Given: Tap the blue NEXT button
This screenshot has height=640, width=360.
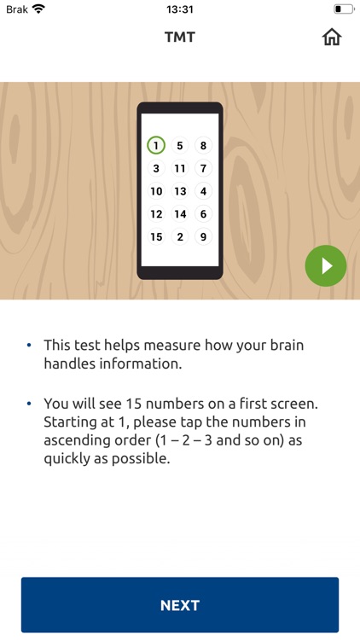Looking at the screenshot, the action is pos(180,605).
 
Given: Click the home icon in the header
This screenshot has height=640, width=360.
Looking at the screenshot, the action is pos(332,38).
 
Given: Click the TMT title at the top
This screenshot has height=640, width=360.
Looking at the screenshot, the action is pos(180,38).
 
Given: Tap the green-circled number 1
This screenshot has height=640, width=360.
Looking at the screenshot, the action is pos(156,145).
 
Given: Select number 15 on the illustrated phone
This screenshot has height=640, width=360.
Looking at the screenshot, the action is pos(156,236).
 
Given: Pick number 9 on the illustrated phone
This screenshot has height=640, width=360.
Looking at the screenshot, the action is pos(203,236).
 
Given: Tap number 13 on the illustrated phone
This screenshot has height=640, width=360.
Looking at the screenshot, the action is pos(180,191).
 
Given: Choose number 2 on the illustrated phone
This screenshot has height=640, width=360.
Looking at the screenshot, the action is pos(180,236).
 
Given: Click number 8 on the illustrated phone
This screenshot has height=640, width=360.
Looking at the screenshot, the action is pos(203,145).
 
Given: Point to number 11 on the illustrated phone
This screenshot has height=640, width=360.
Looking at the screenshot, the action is pos(180,168).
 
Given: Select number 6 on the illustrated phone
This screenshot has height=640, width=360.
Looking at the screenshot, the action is pos(203,214).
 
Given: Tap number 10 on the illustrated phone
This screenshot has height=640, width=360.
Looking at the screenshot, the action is pos(156,191).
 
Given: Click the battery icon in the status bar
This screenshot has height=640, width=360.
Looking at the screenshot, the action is pos(344,9).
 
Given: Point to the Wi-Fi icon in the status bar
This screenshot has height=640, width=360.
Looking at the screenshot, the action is pos(38,9).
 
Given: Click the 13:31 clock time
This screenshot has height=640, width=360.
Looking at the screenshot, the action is pos(180,9).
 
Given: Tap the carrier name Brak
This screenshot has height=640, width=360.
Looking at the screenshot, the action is pos(17,9).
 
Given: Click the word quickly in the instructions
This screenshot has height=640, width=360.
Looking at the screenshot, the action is pos(67,460).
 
